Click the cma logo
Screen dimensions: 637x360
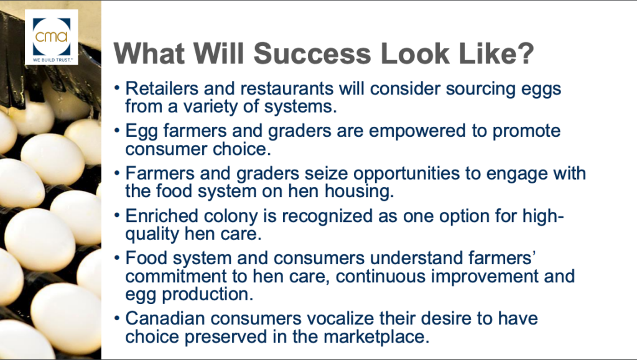coord(52,37)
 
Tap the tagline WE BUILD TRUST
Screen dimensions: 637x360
coord(52,60)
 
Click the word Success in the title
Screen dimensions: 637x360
coord(312,53)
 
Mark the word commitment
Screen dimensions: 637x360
coord(179,277)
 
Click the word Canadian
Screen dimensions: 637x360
coord(165,318)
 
